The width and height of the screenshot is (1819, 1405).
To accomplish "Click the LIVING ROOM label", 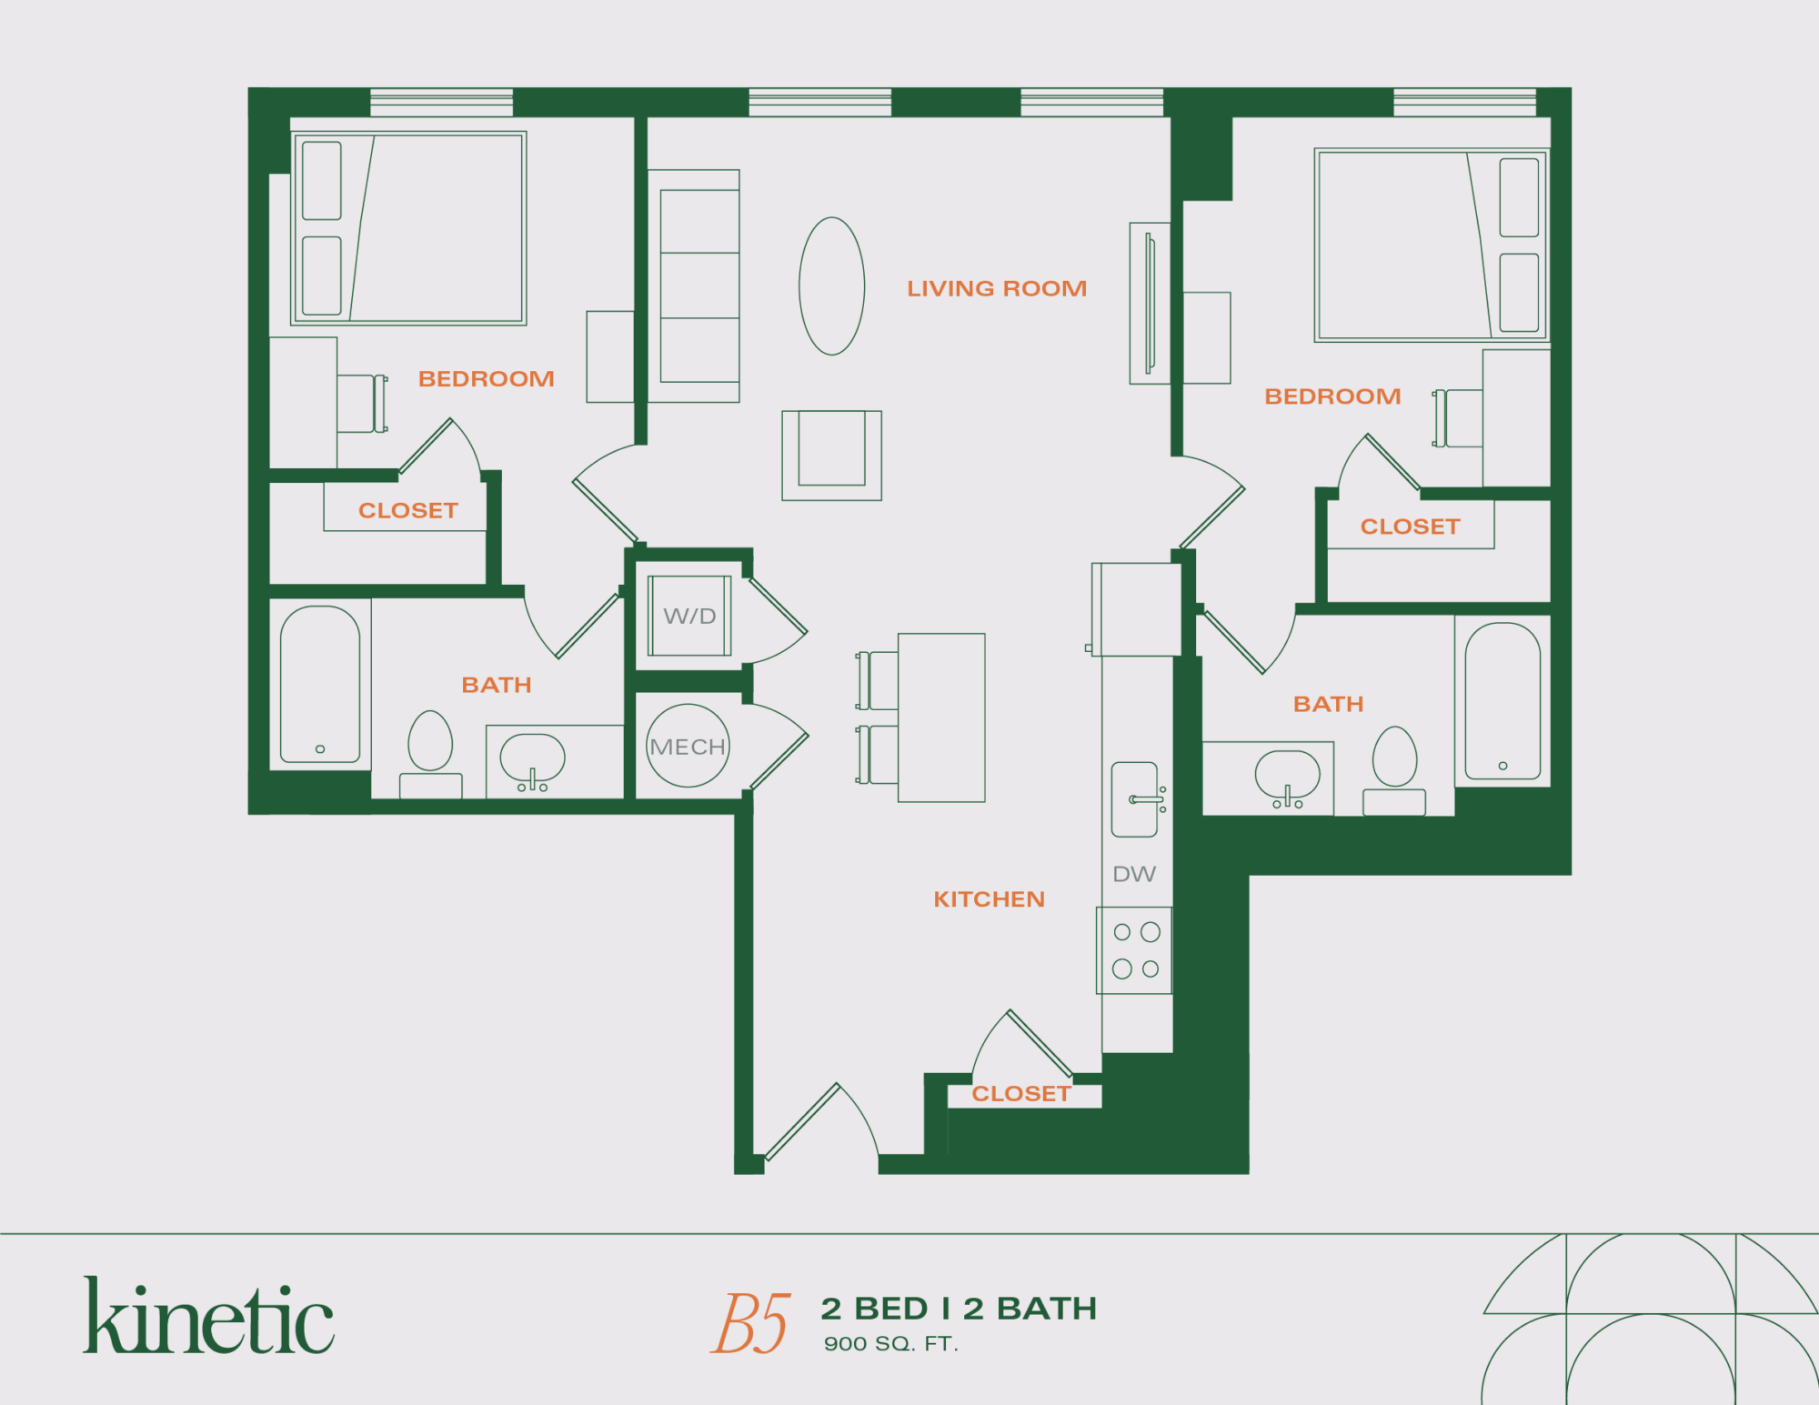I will point(996,288).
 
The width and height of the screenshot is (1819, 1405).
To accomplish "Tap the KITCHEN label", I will point(989,899).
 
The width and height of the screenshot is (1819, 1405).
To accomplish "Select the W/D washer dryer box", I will point(689,616).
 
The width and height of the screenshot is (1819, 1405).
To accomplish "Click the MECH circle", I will point(688,746).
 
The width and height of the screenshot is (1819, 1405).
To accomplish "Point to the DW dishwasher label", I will point(1134,874).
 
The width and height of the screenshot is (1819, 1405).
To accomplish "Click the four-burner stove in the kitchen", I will point(1135,950).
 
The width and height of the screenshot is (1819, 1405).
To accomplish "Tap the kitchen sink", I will point(1135,799).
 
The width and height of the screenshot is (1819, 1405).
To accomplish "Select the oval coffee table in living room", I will point(831,286).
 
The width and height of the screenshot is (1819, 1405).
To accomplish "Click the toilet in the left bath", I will point(430,750).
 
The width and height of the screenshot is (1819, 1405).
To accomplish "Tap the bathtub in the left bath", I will point(320,684).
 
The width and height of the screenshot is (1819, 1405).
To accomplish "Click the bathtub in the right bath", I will point(1502,700).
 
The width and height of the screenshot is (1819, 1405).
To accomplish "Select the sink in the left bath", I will point(532,759).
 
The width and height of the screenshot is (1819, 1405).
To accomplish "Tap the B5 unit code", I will point(750,1323).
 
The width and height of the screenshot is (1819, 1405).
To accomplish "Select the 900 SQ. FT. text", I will point(890,1344).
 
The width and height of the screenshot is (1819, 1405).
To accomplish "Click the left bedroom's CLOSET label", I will point(407,510).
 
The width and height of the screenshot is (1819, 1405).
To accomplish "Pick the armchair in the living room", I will point(831,454).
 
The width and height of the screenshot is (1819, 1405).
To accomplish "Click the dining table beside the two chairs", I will point(941,718).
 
